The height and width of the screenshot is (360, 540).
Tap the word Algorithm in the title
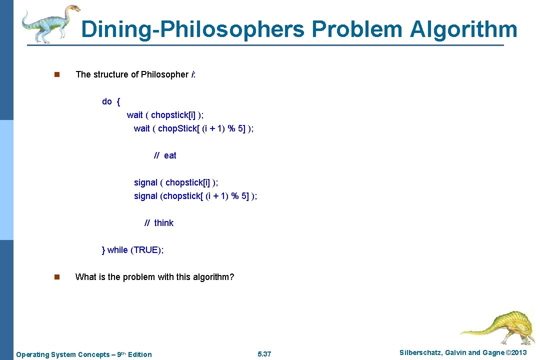[x=464, y=29]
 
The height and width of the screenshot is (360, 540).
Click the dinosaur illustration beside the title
[x=50, y=23]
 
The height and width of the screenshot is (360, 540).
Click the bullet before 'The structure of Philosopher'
[x=56, y=75]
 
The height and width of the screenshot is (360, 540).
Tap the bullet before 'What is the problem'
[x=56, y=277]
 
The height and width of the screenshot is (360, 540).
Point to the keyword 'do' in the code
[x=106, y=101]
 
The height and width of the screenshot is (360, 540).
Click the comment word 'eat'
[x=170, y=155]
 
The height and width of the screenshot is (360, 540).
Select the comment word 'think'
[x=163, y=223]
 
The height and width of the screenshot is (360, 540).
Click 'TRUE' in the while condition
[x=146, y=250]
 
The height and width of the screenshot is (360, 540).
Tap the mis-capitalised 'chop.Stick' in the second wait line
[x=177, y=128]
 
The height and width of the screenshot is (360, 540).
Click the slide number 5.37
[x=264, y=354]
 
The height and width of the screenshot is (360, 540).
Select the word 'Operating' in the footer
[x=32, y=354]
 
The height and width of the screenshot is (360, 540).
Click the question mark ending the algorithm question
[x=231, y=277]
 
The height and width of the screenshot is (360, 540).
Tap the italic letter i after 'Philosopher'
[x=192, y=74]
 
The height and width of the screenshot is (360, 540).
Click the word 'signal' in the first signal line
[x=145, y=182]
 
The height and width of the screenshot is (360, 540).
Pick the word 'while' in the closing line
[x=117, y=250]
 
